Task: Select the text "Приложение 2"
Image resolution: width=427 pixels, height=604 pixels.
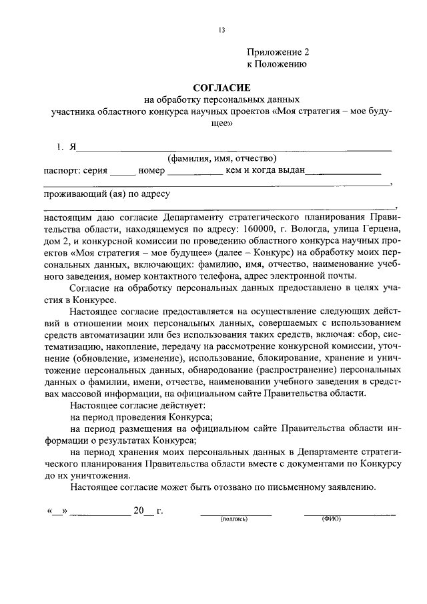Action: [278, 52]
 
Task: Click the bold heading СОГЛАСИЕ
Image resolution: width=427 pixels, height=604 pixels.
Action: [221, 87]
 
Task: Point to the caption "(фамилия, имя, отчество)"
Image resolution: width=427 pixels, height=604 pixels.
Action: [222, 158]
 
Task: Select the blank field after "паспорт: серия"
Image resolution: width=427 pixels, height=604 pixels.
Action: [122, 171]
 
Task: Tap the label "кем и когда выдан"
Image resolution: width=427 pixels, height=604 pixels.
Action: [265, 170]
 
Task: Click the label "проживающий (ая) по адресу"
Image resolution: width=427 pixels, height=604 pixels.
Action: [107, 194]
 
